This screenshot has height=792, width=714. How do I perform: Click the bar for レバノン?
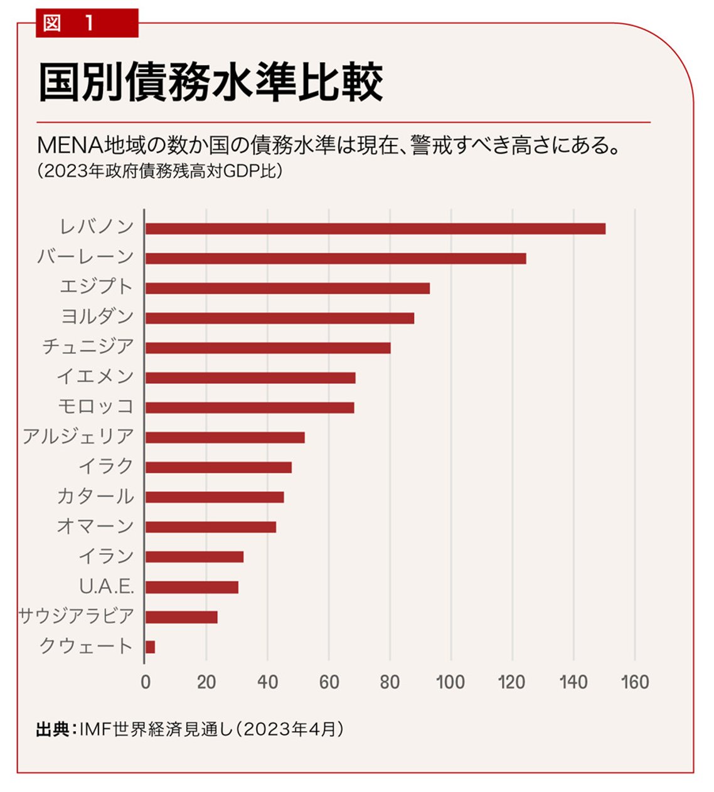pyautogui.click(x=375, y=229)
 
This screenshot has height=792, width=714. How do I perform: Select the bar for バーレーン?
pyautogui.click(x=336, y=258)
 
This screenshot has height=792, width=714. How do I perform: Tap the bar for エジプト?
pyautogui.click(x=287, y=288)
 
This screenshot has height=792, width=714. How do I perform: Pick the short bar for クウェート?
pyautogui.click(x=150, y=647)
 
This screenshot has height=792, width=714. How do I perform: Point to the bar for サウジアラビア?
pyautogui.click(x=181, y=617)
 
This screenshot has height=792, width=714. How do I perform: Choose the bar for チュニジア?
pyautogui.click(x=268, y=348)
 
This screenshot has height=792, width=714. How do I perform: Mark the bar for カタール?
pyautogui.click(x=215, y=497)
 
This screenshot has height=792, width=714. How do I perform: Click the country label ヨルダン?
pyautogui.click(x=97, y=316)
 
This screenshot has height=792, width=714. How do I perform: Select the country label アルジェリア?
pyautogui.click(x=78, y=436)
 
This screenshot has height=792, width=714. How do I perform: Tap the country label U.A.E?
pyautogui.click(x=107, y=586)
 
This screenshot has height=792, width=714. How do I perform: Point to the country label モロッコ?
pyautogui.click(x=96, y=406)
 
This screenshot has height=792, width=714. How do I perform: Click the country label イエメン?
pyautogui.click(x=95, y=376)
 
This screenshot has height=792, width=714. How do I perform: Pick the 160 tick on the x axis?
pyautogui.click(x=634, y=682)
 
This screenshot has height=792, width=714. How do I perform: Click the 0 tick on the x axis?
pyautogui.click(x=146, y=682)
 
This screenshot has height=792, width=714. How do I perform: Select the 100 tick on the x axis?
pyautogui.click(x=450, y=682)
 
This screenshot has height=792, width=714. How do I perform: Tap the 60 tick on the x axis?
pyautogui.click(x=329, y=682)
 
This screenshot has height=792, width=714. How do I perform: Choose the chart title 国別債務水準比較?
pyautogui.click(x=210, y=82)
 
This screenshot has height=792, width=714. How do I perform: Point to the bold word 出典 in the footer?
pyautogui.click(x=52, y=729)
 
